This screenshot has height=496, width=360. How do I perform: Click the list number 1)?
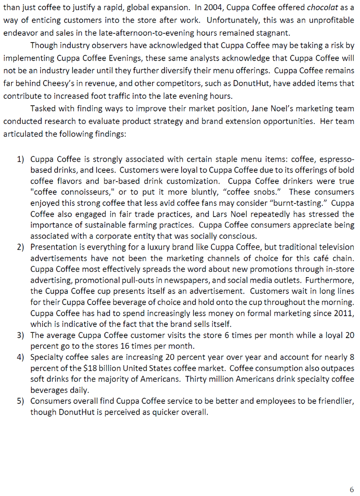pyautogui.click(x=20, y=159)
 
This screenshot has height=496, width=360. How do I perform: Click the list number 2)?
pyautogui.click(x=20, y=247)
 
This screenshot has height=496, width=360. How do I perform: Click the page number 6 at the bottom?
pyautogui.click(x=351, y=489)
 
